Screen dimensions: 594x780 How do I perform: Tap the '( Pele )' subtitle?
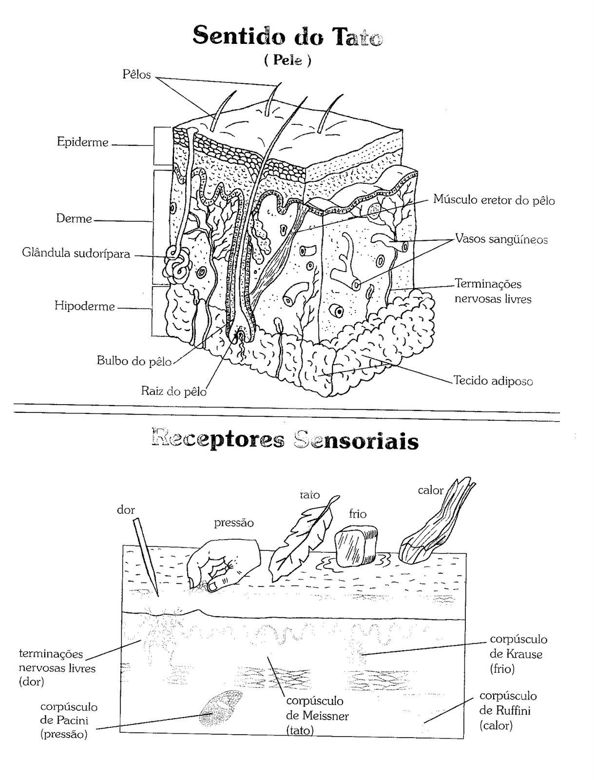pos(287,60)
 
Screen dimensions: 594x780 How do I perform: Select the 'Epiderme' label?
pos(82,142)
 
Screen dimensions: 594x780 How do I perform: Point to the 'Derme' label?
pos(74,218)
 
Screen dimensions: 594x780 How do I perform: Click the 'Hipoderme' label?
pos(84,306)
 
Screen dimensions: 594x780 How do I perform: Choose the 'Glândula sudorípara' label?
pos(76,253)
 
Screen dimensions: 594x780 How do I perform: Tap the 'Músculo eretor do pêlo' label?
pos(494,200)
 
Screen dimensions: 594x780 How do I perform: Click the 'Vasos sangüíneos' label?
pos(501,239)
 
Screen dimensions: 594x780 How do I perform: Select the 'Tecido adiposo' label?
pos(493,380)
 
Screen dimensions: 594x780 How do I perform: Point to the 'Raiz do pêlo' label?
pos(174,390)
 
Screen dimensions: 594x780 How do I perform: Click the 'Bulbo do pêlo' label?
pos(134,361)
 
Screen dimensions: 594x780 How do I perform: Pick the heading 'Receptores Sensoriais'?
pos(285,441)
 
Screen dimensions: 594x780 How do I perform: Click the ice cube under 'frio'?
pos(356,546)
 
